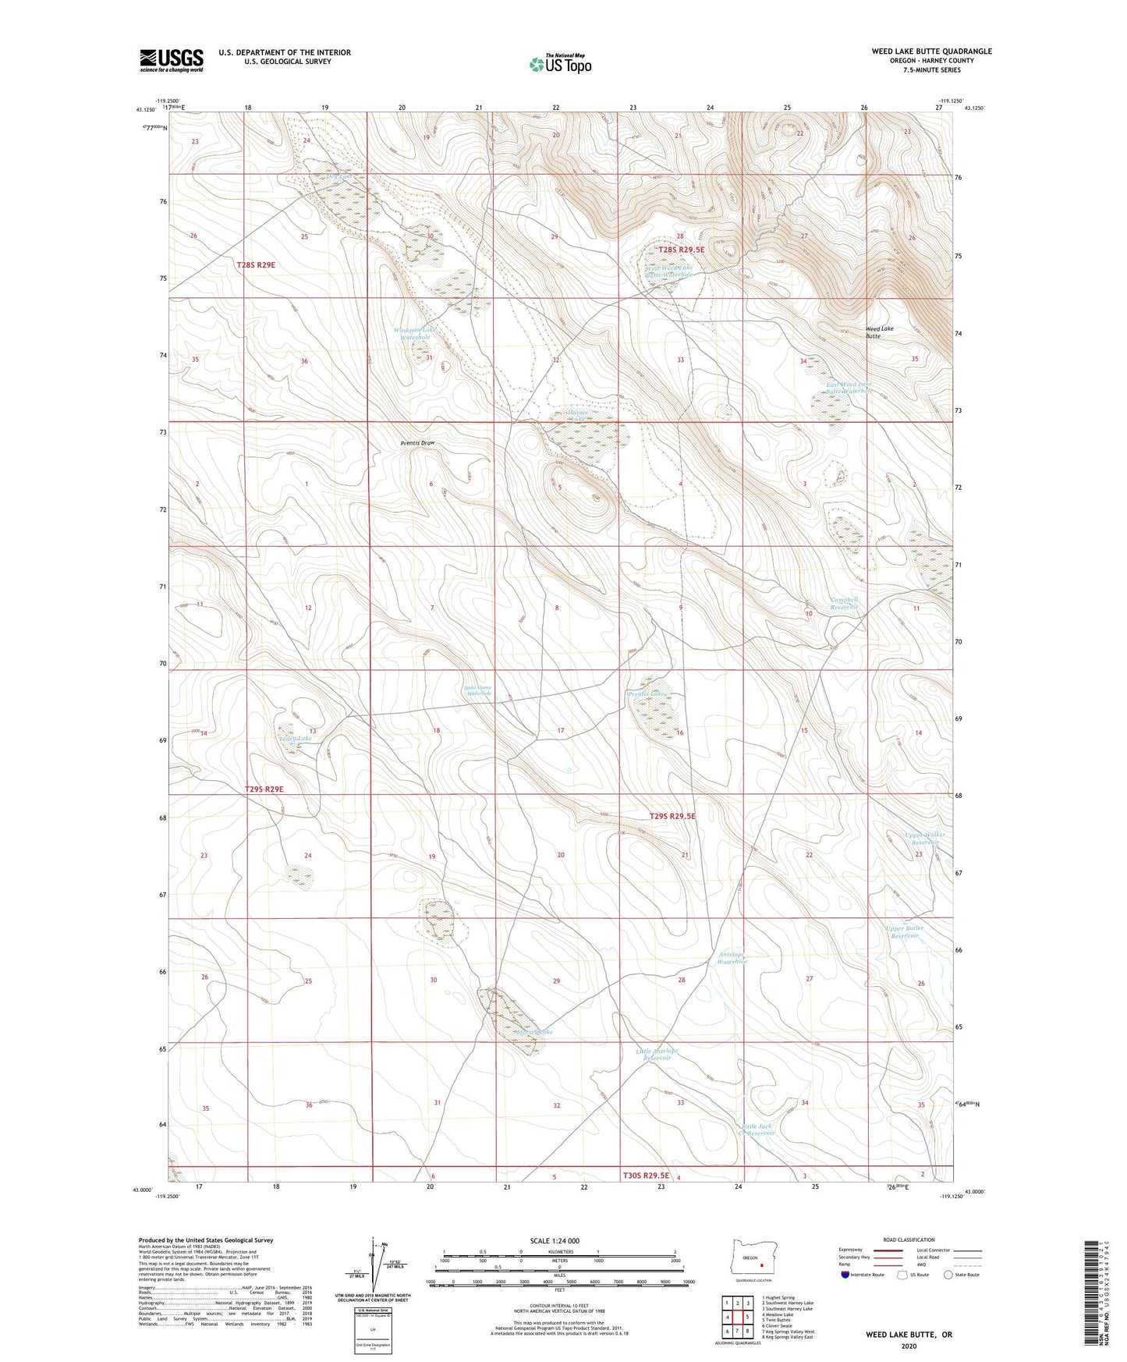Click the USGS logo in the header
(172, 60)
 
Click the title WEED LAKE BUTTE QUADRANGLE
(931, 51)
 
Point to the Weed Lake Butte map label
(879, 332)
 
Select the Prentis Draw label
(417, 443)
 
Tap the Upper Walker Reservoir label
(925, 839)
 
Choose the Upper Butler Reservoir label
(905, 931)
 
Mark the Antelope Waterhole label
(732, 958)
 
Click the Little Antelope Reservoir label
(657, 1054)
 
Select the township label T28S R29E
(256, 265)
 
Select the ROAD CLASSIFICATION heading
(909, 1240)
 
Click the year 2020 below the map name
(909, 1346)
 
